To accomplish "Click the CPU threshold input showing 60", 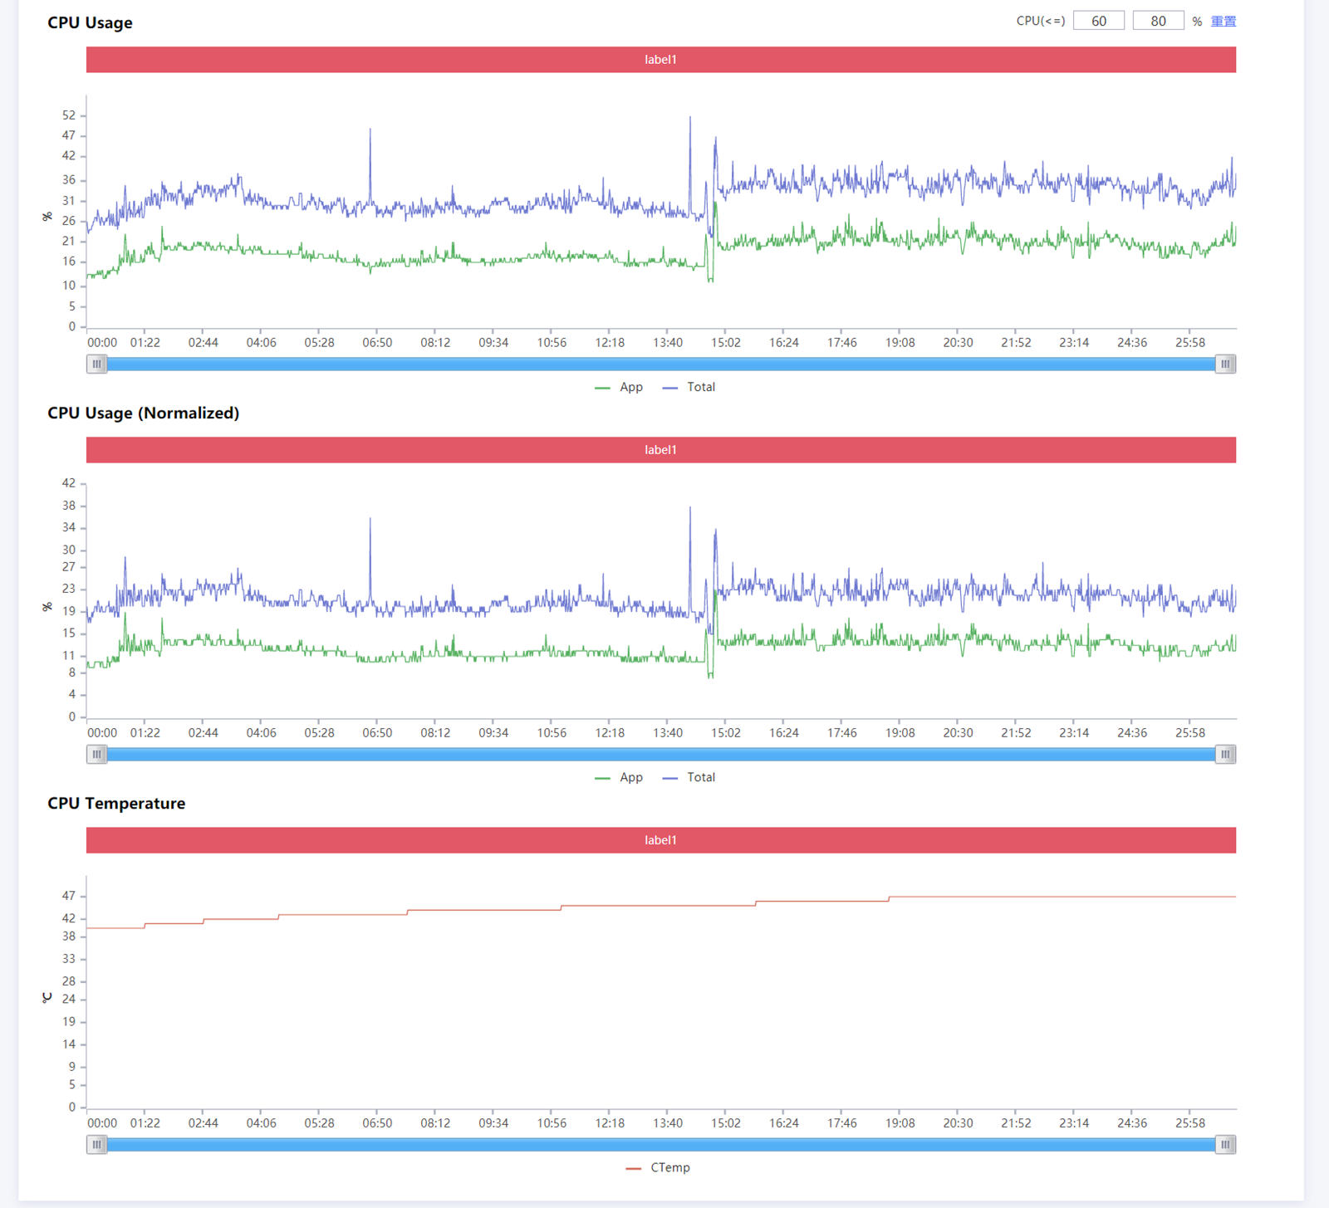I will tap(1098, 22).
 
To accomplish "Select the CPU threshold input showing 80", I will tap(1158, 22).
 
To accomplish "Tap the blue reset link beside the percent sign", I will tap(1223, 22).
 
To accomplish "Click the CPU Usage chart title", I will tap(90, 23).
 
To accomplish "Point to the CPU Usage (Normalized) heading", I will tap(143, 413).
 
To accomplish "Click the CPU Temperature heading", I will tap(116, 804).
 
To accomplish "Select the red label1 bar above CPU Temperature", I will tap(660, 840).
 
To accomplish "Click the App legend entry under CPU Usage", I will tap(620, 387).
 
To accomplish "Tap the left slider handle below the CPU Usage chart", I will tap(97, 364).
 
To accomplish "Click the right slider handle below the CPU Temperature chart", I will tap(1225, 1145).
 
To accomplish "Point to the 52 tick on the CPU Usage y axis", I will tap(68, 115).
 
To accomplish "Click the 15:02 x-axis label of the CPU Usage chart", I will tap(725, 343).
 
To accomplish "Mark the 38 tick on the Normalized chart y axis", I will tap(68, 506).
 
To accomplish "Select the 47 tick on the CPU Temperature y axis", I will tap(68, 896).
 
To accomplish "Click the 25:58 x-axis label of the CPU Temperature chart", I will tap(1189, 1123).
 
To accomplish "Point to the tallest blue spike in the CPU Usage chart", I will tap(689, 119).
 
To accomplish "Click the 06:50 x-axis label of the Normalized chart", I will tap(377, 733).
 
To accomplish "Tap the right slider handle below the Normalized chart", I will tap(1225, 754).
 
